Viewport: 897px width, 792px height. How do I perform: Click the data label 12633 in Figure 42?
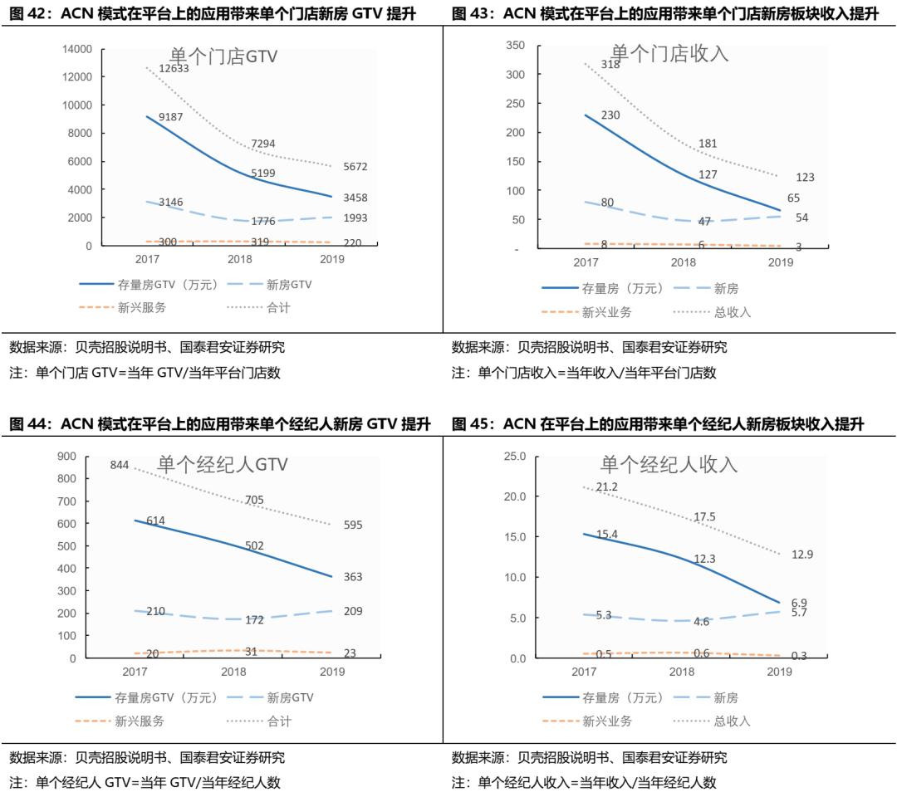point(174,68)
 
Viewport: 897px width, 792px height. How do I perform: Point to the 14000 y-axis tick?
point(77,49)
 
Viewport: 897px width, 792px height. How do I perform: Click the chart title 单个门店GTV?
point(223,56)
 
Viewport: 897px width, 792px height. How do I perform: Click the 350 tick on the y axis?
point(515,46)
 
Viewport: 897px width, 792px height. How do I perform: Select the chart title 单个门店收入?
point(669,53)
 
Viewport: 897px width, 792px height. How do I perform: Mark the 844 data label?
point(120,465)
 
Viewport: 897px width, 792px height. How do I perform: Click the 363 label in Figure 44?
point(353,576)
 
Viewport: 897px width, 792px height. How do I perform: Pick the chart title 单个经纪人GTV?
point(223,464)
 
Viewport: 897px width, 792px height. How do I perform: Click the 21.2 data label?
point(606,486)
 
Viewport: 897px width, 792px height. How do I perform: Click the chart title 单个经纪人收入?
point(669,464)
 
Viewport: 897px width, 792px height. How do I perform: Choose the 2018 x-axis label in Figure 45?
point(682,672)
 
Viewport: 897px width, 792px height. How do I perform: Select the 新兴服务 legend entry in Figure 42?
point(141,307)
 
